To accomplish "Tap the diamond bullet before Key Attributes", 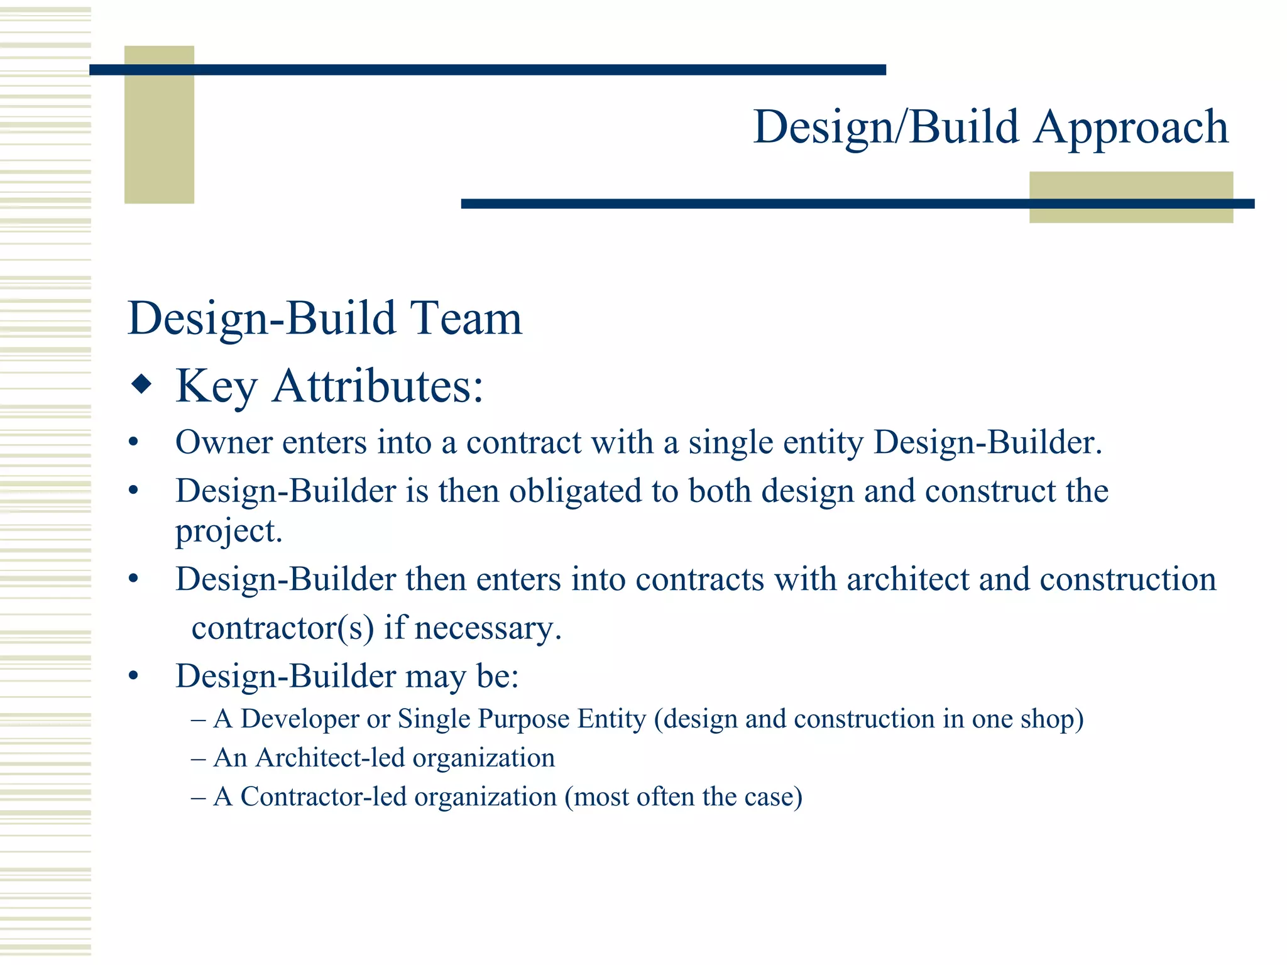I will click(x=141, y=384).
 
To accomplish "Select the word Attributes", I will click(x=378, y=386).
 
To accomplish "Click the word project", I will click(x=228, y=532).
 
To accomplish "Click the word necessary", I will click(x=488, y=628).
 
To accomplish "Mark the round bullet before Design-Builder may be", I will click(x=133, y=677).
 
